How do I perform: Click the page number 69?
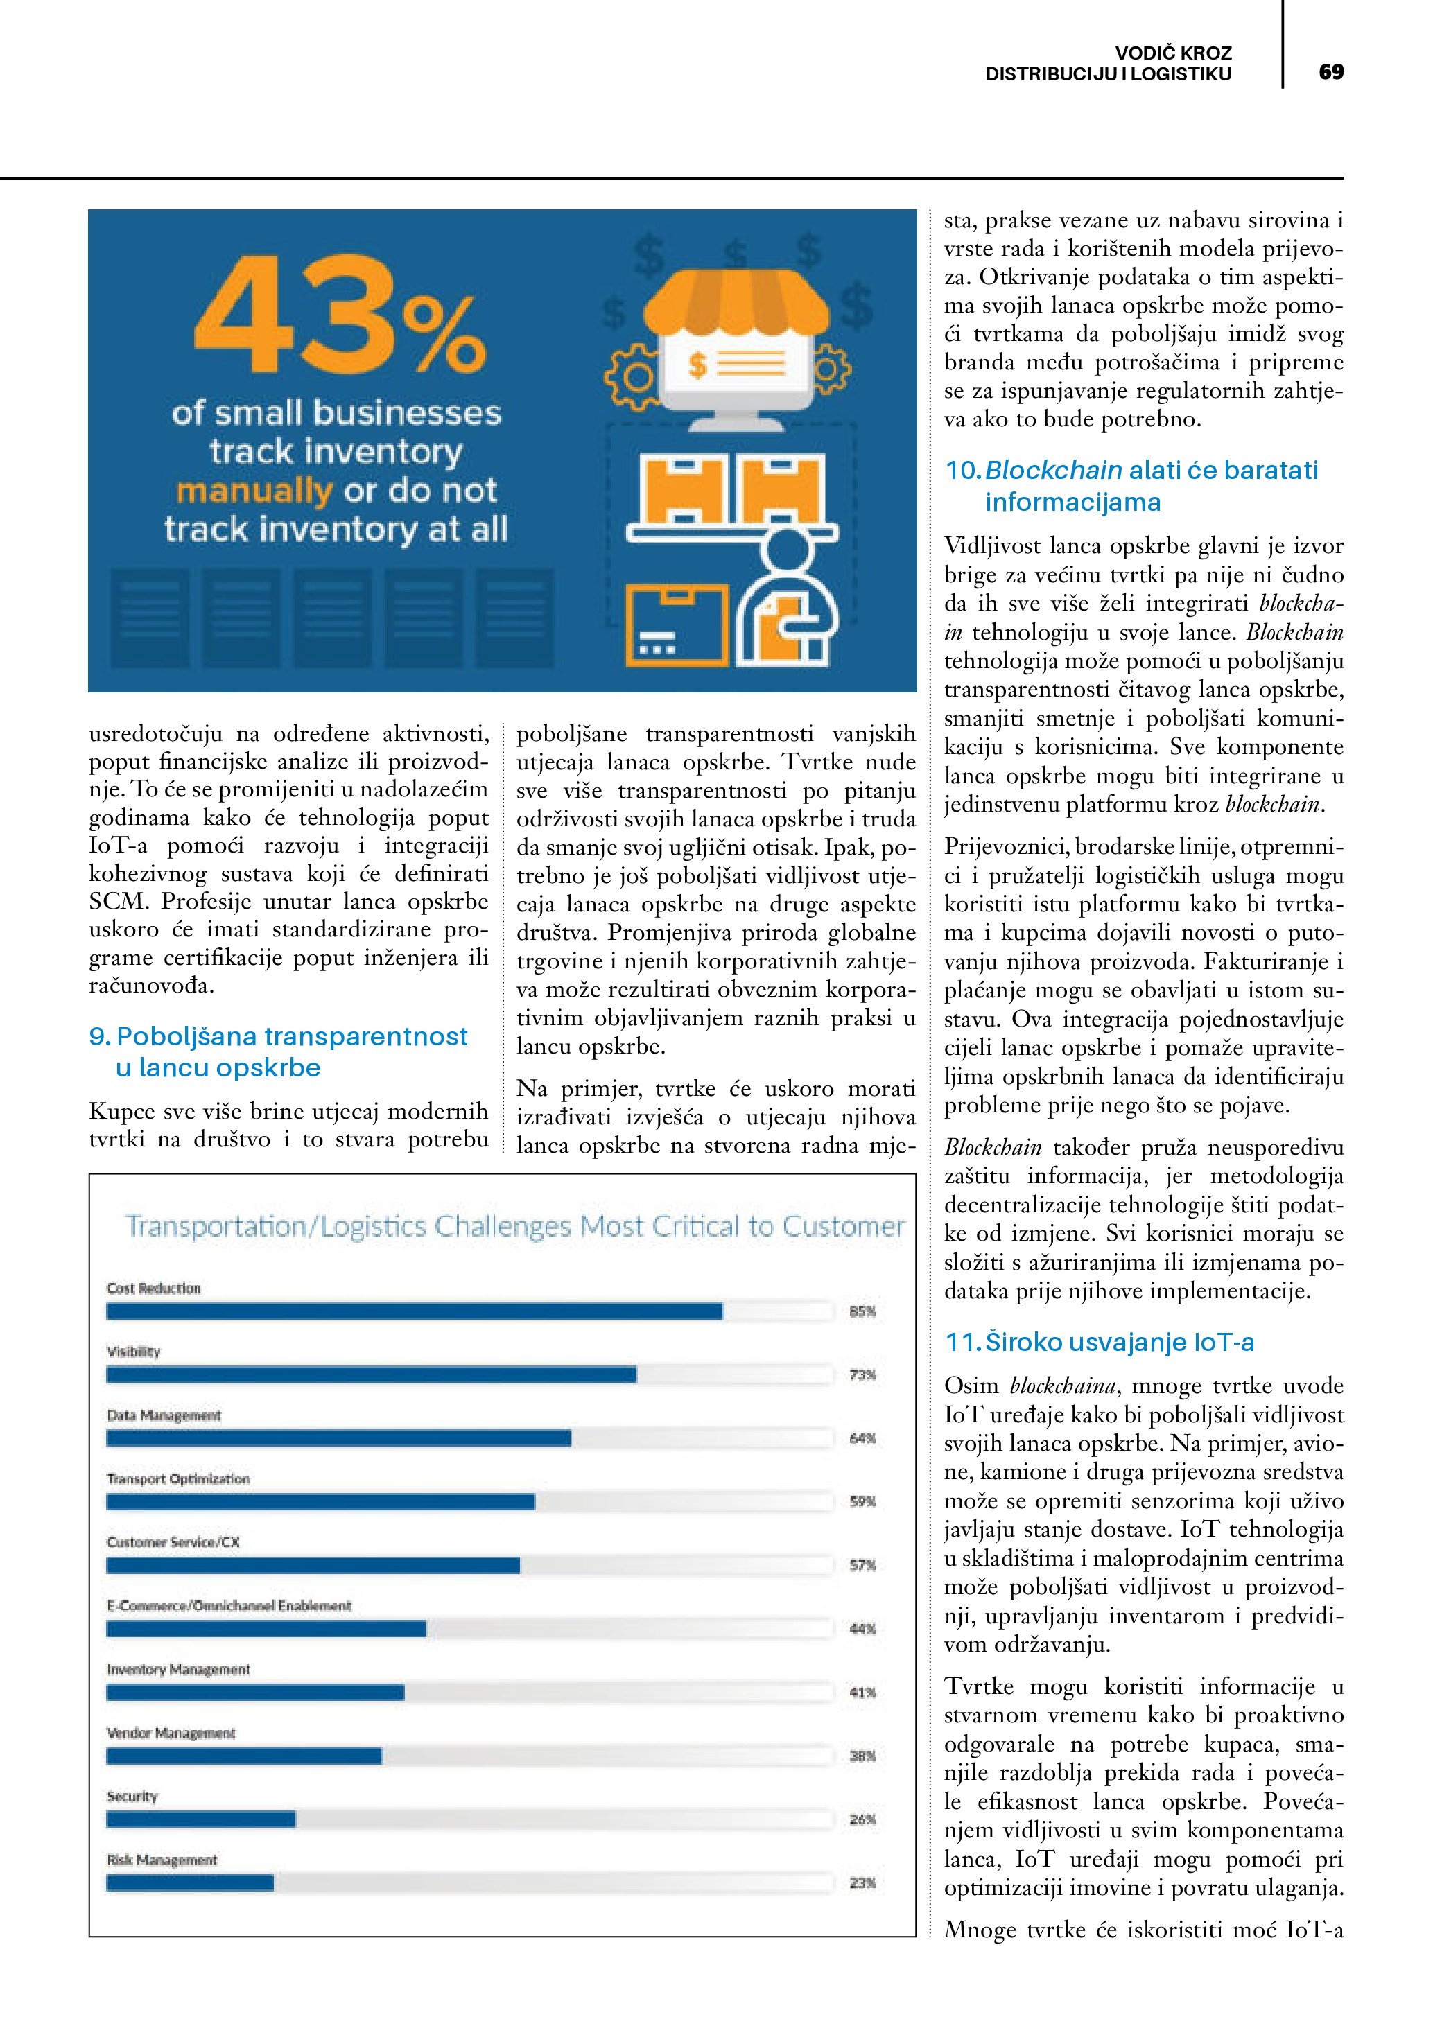pos(1330,71)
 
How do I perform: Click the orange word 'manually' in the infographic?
pos(254,491)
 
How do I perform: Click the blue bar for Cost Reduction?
pos(415,1312)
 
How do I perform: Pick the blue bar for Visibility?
pos(371,1374)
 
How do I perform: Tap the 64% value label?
pos(862,1438)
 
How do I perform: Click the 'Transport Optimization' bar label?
pos(178,1479)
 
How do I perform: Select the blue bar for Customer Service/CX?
pos(313,1565)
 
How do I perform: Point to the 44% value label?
pos(862,1629)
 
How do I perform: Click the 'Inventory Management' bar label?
pos(178,1670)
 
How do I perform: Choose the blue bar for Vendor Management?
pos(245,1756)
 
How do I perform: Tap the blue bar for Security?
pos(201,1819)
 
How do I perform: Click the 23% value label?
pos(862,1883)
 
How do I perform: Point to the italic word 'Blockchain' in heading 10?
pos(1054,471)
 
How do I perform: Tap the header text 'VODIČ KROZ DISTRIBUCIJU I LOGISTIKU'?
pos(1109,64)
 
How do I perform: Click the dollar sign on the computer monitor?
pos(697,365)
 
